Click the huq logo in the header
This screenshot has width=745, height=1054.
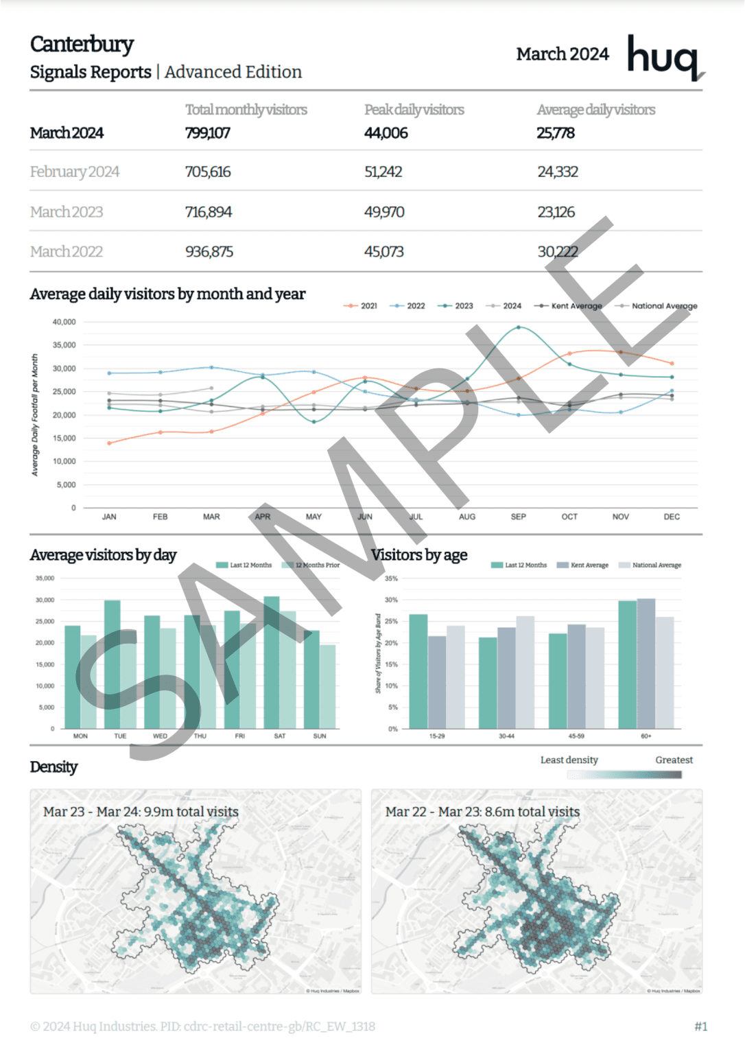[664, 57]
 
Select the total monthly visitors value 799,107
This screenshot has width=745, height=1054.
[207, 133]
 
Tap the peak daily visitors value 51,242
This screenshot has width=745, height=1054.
[383, 172]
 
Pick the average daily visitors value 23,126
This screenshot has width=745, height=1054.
[556, 212]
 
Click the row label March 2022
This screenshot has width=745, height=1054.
[66, 252]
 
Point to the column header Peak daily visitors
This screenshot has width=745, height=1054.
[414, 110]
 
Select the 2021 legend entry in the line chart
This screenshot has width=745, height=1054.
[362, 306]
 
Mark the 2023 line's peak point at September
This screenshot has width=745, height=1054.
[519, 327]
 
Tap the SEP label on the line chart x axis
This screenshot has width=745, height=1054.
[519, 517]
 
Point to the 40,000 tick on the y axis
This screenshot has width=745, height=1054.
[64, 322]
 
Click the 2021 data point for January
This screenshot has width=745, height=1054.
[109, 443]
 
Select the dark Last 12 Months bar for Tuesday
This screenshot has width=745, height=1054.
[113, 664]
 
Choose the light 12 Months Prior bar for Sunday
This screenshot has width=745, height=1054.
[328, 686]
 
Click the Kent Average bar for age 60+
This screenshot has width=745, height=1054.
[646, 664]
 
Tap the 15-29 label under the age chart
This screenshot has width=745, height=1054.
[437, 736]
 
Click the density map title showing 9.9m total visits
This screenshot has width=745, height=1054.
[141, 812]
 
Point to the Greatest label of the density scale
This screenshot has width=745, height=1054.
[674, 760]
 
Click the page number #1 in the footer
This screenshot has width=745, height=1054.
[700, 1027]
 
